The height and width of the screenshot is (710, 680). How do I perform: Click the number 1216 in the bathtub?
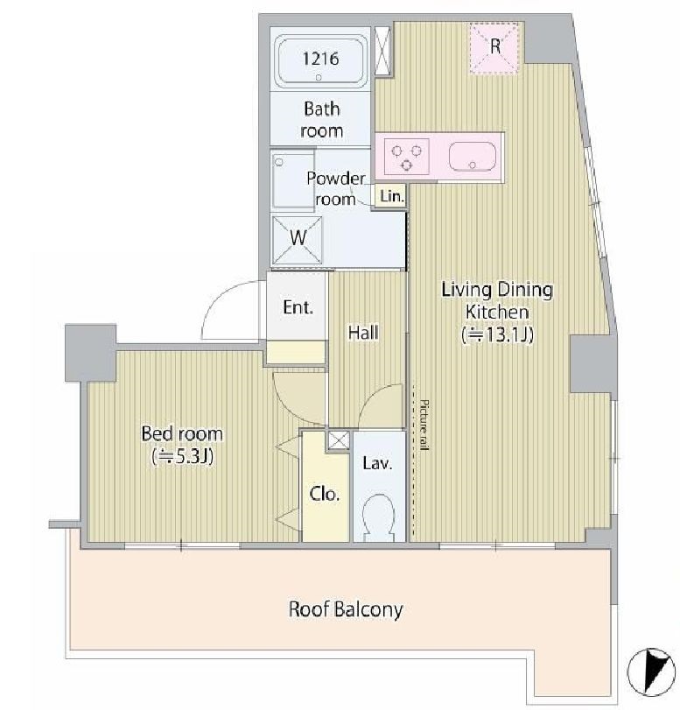[320, 59]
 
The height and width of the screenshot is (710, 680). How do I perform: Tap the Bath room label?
[322, 120]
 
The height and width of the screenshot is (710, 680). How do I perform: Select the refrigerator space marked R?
[494, 46]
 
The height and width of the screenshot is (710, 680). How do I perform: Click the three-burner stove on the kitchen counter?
[407, 157]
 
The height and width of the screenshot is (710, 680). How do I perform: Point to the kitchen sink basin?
[473, 157]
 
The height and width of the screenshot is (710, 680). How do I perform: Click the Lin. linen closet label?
[392, 196]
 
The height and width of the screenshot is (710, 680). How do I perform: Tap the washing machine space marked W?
[298, 240]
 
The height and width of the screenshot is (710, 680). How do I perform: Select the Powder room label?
[335, 189]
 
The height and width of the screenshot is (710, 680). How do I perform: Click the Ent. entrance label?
[298, 307]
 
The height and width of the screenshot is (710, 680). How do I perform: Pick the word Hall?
[363, 333]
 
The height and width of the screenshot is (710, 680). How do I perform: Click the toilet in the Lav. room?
[379, 517]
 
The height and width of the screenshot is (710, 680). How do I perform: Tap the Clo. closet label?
[325, 494]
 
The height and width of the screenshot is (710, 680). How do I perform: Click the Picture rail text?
[424, 425]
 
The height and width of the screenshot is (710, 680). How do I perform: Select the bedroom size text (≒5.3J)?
[182, 456]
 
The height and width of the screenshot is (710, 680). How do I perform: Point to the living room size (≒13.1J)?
[497, 334]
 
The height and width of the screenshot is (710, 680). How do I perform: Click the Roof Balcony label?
[346, 609]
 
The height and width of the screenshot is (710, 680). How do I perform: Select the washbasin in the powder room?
[293, 180]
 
